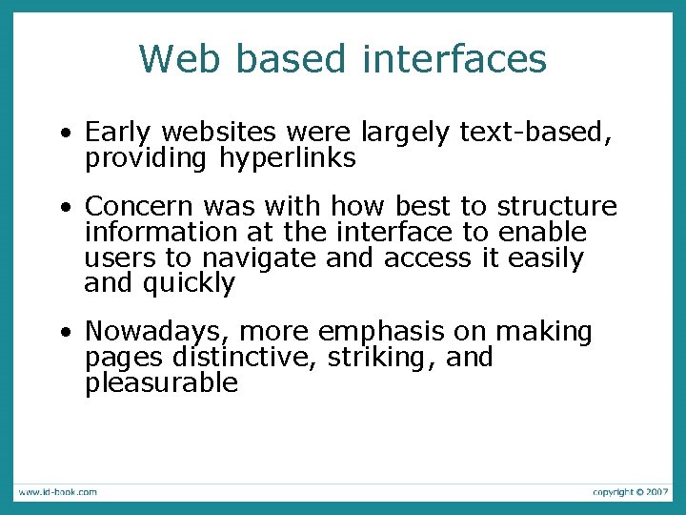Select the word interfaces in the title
click(454, 58)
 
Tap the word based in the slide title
click(290, 58)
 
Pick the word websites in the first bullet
click(216, 133)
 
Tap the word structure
click(557, 207)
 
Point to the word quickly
click(189, 284)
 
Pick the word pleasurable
click(161, 383)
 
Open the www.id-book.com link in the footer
click(56, 492)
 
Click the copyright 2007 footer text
click(630, 492)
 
